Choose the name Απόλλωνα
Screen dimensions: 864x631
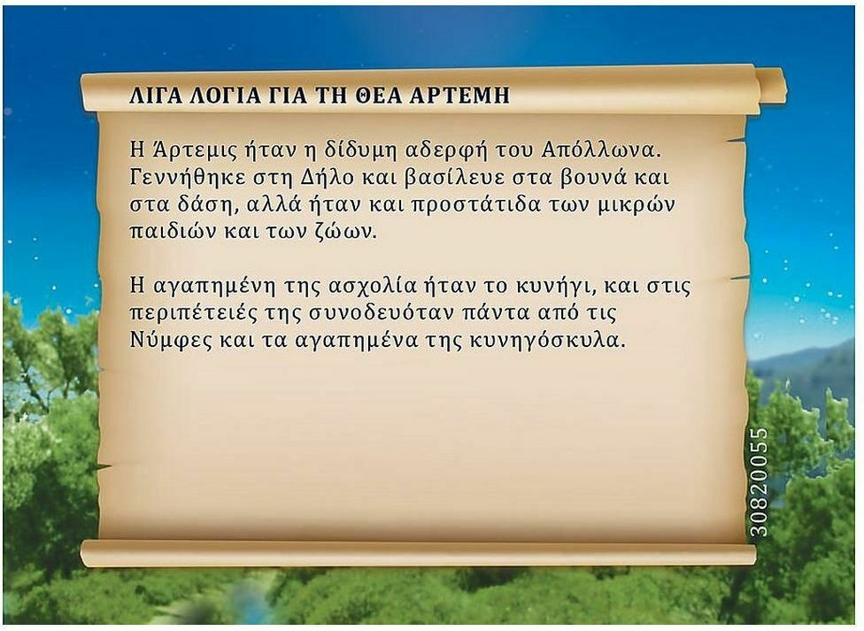coord(600,150)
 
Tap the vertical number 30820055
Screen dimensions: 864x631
coord(760,482)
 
